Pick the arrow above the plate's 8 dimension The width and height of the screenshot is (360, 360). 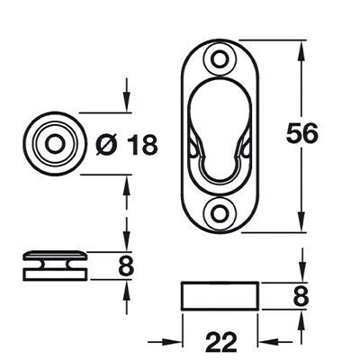300,275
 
